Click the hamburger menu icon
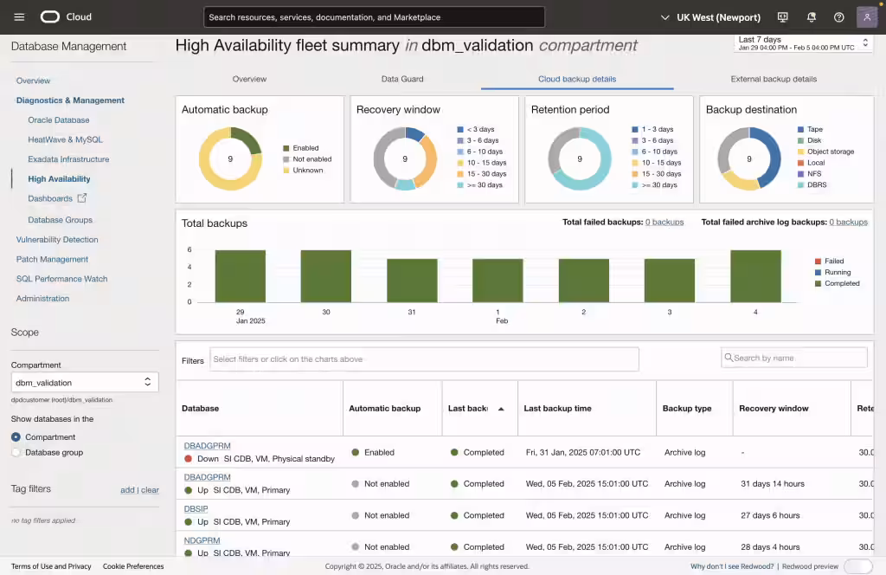(20, 17)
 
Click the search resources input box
(374, 17)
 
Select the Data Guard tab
(402, 79)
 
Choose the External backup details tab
(774, 79)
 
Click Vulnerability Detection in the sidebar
(57, 240)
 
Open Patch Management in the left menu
(52, 259)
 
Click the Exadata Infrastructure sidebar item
(68, 159)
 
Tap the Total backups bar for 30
(326, 275)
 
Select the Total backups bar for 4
(755, 275)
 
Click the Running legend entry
(836, 272)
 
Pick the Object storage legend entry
(830, 152)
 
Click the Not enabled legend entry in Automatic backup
(311, 159)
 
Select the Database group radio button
(16, 452)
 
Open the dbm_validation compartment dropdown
(84, 382)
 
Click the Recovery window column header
(774, 408)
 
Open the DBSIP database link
(196, 509)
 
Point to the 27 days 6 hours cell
(770, 515)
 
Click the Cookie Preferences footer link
(133, 566)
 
